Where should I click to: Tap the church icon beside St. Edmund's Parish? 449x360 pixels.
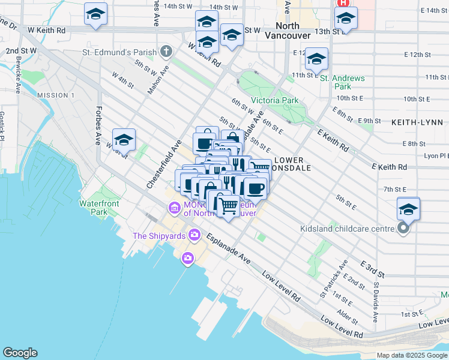coord(166,53)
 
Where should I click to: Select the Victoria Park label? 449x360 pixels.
coord(274,100)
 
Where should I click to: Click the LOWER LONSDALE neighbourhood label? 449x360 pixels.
coord(291,164)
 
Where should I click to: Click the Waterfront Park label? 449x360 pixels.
coord(99,208)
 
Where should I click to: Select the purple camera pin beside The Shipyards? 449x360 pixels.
coord(194,235)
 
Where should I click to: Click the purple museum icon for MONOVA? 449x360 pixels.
coord(174,208)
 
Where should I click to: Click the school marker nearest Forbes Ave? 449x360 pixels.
coord(124,140)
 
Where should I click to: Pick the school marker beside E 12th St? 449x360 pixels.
coord(316,59)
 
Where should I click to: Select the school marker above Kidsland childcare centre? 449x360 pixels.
coord(408,208)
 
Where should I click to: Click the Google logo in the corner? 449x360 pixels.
coord(20,352)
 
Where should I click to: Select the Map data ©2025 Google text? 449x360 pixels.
coord(412,355)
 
